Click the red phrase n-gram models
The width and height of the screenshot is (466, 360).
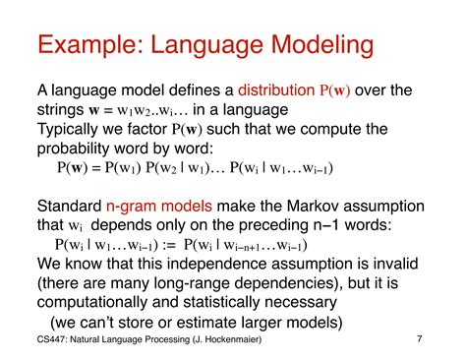[x=158, y=207]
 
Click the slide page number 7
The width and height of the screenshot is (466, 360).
[x=419, y=341]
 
